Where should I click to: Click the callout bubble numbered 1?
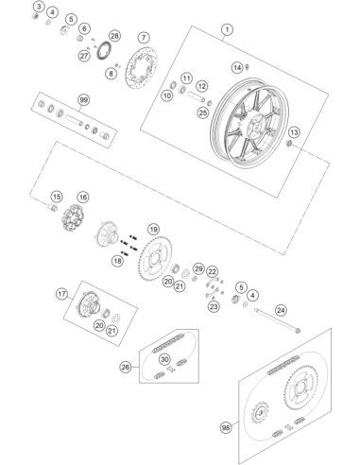click(x=227, y=30)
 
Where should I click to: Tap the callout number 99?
click(x=83, y=100)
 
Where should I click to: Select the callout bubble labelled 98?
click(x=226, y=428)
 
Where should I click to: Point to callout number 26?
click(x=126, y=367)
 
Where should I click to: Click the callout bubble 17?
click(x=61, y=294)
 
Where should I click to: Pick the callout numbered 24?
click(x=281, y=310)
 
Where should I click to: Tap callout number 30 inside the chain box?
click(x=164, y=359)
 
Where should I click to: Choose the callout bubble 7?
click(x=144, y=38)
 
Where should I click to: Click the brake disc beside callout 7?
click(x=142, y=69)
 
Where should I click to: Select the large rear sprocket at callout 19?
click(x=156, y=258)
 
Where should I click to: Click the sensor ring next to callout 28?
click(x=103, y=51)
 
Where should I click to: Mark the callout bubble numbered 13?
click(x=294, y=132)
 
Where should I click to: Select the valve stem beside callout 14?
click(x=248, y=66)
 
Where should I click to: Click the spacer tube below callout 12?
click(x=197, y=96)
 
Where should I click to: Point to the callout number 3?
click(x=39, y=6)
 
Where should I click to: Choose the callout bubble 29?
click(x=198, y=268)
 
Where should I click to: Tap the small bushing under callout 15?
click(x=52, y=208)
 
